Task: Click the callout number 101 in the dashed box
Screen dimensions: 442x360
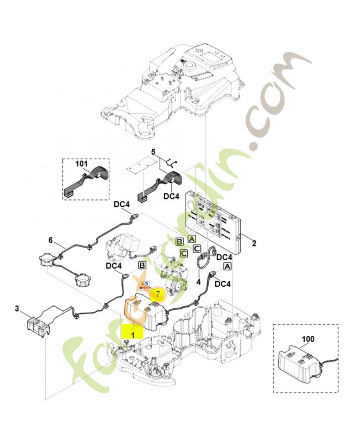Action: pos(81,164)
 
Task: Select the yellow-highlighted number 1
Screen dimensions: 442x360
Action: pos(133,335)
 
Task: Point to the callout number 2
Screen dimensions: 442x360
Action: pos(253,243)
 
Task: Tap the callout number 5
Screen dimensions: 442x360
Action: pos(154,151)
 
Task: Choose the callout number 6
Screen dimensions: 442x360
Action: pos(50,240)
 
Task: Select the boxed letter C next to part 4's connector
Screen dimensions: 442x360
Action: pos(197,249)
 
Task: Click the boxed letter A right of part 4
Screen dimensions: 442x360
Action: pos(226,266)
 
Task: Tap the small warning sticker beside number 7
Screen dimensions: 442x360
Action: pos(145,286)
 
